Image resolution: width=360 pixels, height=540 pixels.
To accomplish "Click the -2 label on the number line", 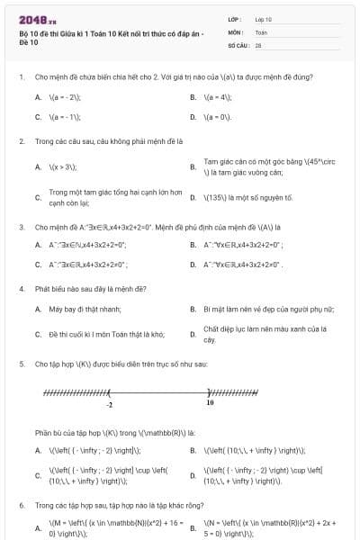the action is pyautogui.click(x=109, y=405).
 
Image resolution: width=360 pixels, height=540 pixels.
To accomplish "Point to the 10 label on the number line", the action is pyautogui.click(x=210, y=404).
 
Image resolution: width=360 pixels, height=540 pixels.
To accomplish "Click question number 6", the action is pyautogui.click(x=21, y=506).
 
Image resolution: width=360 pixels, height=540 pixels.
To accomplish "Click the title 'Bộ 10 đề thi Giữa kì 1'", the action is pyautogui.click(x=108, y=32).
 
